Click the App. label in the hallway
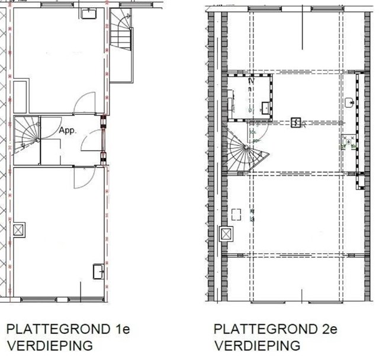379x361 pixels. (67, 130)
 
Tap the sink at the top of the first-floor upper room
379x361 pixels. (89, 14)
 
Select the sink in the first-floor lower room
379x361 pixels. (99, 271)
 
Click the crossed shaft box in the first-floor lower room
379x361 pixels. (18, 230)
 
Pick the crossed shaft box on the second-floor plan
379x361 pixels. (226, 234)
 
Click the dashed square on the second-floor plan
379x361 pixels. (236, 215)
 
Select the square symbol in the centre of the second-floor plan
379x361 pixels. (296, 123)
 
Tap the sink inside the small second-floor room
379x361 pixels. (266, 108)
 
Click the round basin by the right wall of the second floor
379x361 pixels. (349, 103)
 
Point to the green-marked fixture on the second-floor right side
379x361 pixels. (349, 142)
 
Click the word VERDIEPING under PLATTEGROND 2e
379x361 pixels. (258, 346)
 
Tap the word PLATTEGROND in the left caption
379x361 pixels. (58, 329)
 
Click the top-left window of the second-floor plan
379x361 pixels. (265, 9)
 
